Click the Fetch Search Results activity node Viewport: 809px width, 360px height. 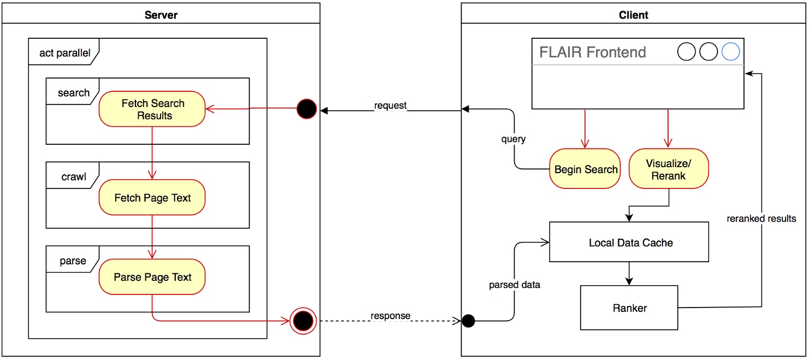click(x=152, y=109)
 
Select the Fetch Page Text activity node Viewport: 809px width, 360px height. click(x=152, y=198)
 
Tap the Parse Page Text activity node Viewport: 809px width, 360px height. click(x=152, y=277)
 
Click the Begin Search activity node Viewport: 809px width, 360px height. click(x=586, y=169)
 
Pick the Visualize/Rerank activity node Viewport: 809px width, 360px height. click(x=669, y=169)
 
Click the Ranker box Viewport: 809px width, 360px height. click(x=629, y=308)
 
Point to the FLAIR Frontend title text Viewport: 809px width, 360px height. click(x=592, y=52)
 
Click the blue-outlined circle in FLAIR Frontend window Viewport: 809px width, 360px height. click(x=730, y=52)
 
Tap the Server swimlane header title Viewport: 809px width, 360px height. click(x=161, y=15)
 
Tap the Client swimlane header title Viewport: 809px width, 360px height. click(x=633, y=15)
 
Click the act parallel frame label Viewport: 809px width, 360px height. click(x=64, y=53)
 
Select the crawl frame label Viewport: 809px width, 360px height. click(x=73, y=176)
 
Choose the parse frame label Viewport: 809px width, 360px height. click(x=73, y=261)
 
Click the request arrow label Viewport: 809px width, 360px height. click(x=390, y=105)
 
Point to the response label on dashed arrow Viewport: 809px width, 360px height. click(x=390, y=316)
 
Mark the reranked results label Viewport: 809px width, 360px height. click(x=761, y=219)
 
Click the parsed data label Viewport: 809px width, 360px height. click(x=514, y=285)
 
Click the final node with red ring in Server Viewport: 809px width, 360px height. click(x=303, y=321)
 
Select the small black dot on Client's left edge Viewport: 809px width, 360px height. click(x=468, y=321)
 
